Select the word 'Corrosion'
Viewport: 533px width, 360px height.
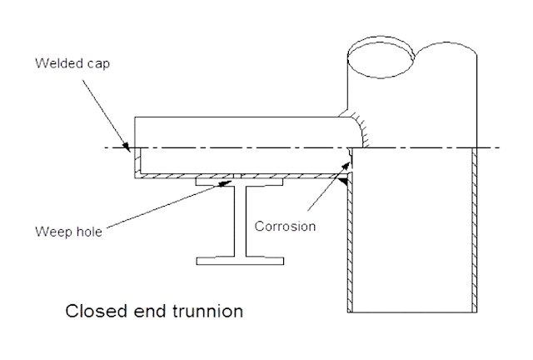(x=285, y=226)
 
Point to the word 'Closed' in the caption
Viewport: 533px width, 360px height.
(x=91, y=312)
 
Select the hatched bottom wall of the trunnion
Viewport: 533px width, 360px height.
(x=242, y=174)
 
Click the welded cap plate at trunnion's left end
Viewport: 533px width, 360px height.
(x=134, y=162)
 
